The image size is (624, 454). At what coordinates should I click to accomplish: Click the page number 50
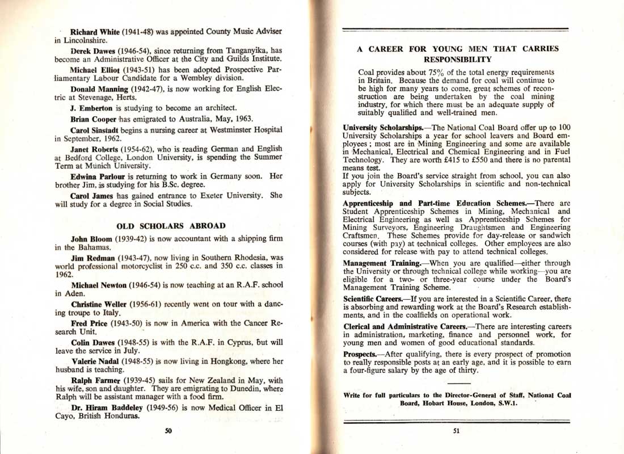click(168, 431)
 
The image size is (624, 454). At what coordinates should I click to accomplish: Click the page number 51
click(457, 431)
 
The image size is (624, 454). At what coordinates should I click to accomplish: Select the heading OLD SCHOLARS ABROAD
click(171, 226)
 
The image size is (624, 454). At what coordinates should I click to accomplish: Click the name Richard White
click(92, 32)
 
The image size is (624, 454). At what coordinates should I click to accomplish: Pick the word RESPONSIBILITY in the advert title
click(457, 59)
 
